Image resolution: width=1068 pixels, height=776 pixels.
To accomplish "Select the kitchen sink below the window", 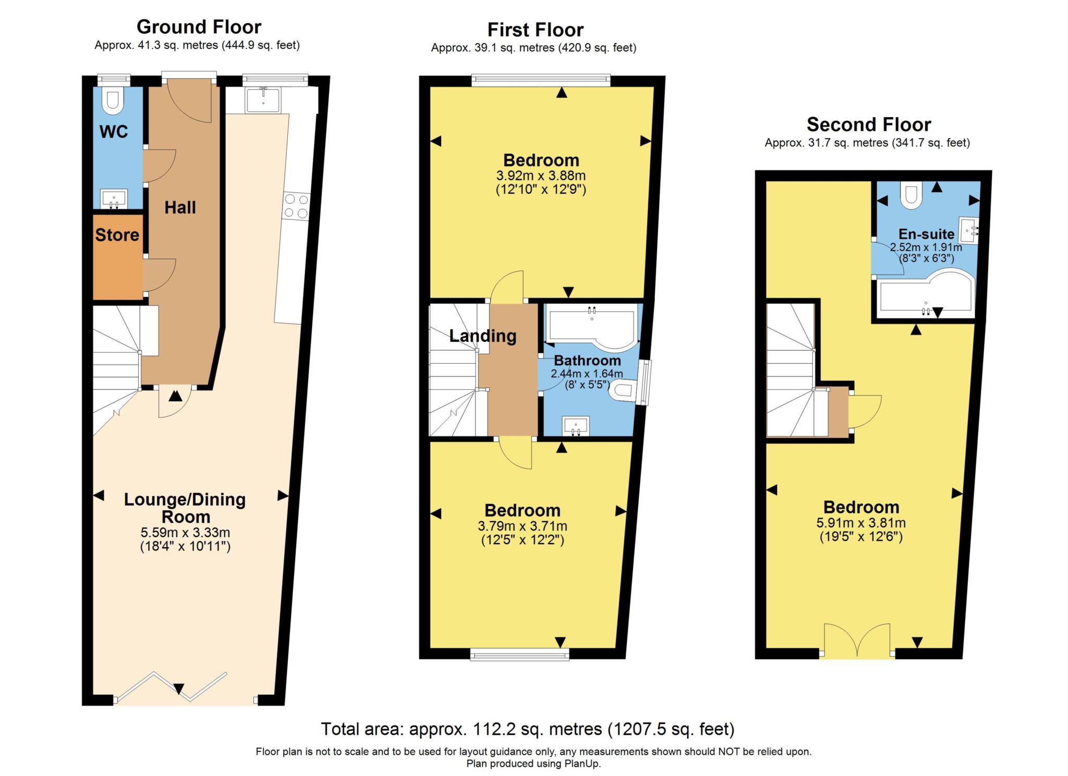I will coord(263,100).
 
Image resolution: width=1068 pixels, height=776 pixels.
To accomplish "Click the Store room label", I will coord(117,235).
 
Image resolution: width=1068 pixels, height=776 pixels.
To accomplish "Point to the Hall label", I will coord(180,208).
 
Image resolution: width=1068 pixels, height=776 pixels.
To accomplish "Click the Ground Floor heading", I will coord(199,27).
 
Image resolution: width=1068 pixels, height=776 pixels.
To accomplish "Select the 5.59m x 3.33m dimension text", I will coord(185,533).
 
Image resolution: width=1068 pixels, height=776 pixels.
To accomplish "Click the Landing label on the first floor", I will coord(482,336).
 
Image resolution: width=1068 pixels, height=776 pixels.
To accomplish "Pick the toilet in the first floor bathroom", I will coord(622,391).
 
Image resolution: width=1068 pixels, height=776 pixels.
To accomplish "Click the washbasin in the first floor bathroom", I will coord(576,426).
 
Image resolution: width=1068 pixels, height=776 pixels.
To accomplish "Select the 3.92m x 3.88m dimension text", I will coord(541,176).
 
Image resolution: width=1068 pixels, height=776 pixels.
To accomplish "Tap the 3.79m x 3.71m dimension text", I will coord(523,526).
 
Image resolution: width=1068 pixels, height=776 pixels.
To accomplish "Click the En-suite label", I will coord(926,234).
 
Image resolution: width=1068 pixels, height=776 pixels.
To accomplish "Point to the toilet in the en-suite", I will coord(911,195).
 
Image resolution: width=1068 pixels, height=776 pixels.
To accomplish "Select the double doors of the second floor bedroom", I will coord(857,640).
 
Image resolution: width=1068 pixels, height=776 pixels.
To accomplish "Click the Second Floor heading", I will coord(868,125).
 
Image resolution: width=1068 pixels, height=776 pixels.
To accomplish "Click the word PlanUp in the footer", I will coord(582,764).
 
